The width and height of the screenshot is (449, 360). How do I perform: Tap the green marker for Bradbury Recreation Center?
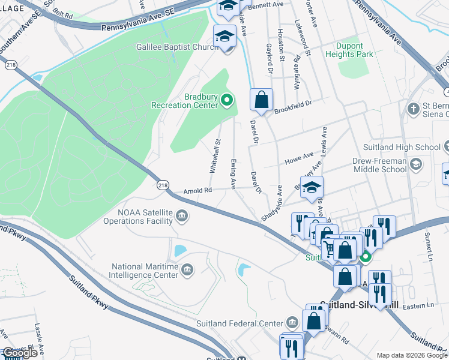point(227,100)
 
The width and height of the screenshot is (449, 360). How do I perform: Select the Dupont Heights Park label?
point(349,50)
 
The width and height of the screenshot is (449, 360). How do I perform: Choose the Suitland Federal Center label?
point(240,323)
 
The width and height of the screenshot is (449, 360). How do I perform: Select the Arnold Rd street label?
point(197,191)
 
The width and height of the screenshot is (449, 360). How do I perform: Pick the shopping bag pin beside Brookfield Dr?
point(261,100)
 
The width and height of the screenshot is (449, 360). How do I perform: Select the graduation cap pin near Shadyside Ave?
point(312,188)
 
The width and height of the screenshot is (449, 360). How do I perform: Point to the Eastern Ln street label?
point(420,305)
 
